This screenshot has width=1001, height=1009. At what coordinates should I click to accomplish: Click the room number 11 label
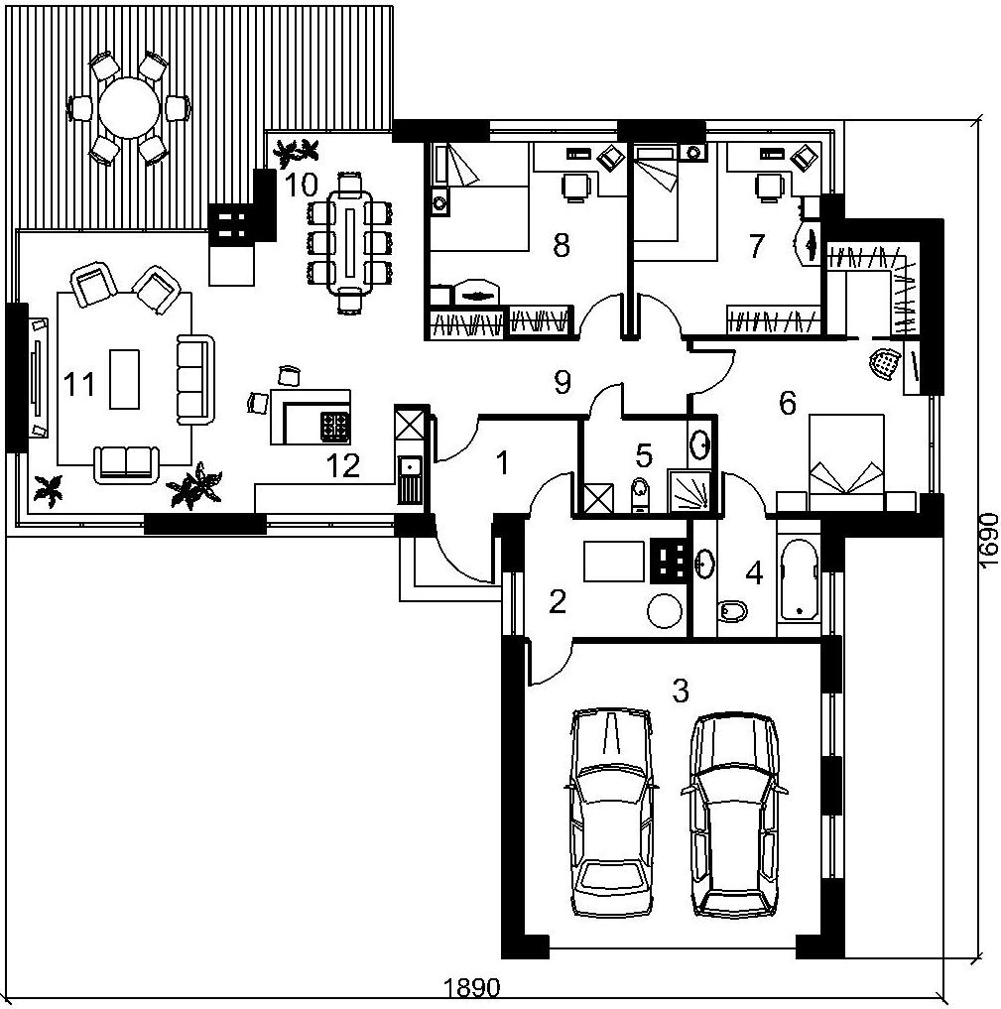pos(79,384)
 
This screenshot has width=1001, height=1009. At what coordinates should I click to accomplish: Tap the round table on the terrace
pos(129,107)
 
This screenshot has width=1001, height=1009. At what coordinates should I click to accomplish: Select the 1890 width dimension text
pos(471,987)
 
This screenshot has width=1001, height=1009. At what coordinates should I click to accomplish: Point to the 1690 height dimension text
pos(989,541)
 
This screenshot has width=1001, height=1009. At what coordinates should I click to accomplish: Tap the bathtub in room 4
pos(799,581)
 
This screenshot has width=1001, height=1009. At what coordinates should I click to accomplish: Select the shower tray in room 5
pos(689,491)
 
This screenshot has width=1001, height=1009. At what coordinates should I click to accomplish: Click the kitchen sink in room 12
pos(409,478)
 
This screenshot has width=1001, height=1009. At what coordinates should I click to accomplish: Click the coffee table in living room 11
pos(124,379)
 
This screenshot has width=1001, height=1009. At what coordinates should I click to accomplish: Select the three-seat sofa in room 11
pos(194,380)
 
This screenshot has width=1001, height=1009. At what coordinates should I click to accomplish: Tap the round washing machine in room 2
pos(665,610)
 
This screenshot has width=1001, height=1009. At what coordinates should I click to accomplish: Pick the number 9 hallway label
pos(563,383)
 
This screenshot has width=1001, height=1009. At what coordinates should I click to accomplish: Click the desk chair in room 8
pos(575,188)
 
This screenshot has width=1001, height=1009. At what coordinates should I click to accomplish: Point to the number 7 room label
pos(756,246)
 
